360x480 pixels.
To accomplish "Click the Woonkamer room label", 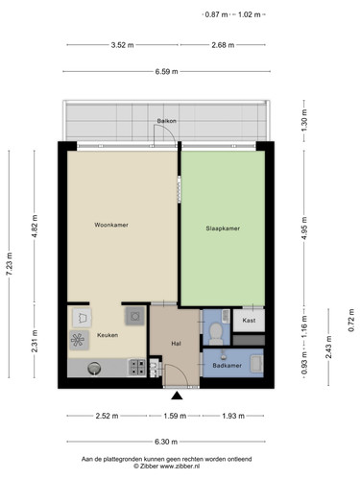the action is [111, 225].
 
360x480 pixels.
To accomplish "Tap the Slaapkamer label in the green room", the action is [223, 228].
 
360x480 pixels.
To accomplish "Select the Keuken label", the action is [108, 335].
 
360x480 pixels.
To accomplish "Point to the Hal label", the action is [176, 344].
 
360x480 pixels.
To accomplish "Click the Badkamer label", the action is [228, 366].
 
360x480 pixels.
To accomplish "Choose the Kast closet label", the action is [249, 320].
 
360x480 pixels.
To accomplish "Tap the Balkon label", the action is [166, 121].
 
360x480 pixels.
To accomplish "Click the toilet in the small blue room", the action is [216, 333].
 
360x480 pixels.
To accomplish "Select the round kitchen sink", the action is [94, 368].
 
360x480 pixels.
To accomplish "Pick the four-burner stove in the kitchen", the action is [137, 367].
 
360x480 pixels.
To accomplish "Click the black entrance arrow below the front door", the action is [177, 396].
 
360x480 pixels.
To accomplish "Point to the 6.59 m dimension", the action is [166, 72].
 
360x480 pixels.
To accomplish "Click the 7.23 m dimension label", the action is [10, 264].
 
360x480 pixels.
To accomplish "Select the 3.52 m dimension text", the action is [123, 45].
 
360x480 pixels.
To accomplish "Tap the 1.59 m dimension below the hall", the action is [175, 416].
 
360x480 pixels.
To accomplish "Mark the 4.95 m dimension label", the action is [304, 228].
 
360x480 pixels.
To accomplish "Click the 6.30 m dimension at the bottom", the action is [166, 442].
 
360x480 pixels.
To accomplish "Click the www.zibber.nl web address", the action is [180, 467].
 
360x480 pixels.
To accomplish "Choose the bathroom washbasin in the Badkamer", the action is [256, 364].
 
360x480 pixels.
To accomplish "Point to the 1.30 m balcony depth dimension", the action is [304, 121].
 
